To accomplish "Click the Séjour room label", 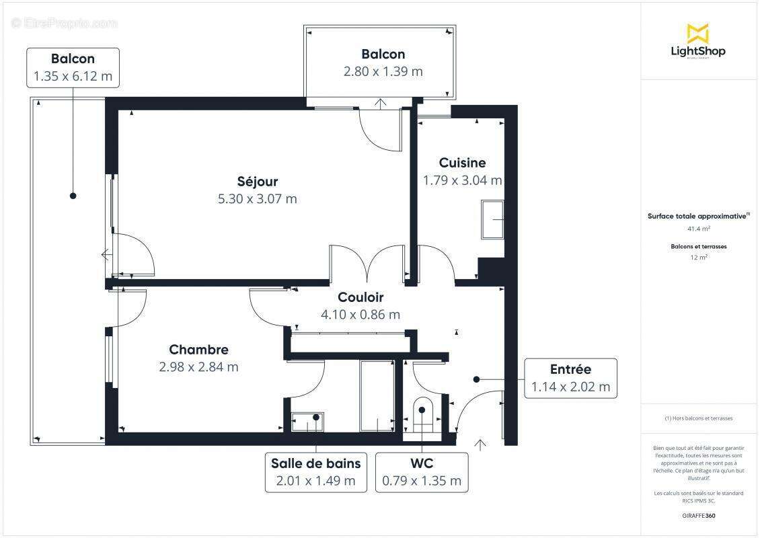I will pyautogui.click(x=257, y=182).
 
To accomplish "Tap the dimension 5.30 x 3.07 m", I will pyautogui.click(x=257, y=199).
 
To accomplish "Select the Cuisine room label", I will pyautogui.click(x=462, y=163).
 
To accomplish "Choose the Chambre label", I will pyautogui.click(x=198, y=350).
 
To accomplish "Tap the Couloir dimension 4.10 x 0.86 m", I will pyautogui.click(x=360, y=314).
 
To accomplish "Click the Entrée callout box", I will pyautogui.click(x=570, y=378).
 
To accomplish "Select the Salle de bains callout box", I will pyautogui.click(x=315, y=472).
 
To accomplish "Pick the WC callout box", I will pyautogui.click(x=422, y=472).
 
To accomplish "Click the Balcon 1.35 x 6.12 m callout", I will pyautogui.click(x=73, y=67).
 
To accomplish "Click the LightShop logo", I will pyautogui.click(x=697, y=42).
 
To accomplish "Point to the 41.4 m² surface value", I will pyautogui.click(x=698, y=229).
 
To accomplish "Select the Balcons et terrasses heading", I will pyautogui.click(x=698, y=247).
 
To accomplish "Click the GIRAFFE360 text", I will pyautogui.click(x=698, y=515).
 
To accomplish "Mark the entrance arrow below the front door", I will pyautogui.click(x=480, y=444).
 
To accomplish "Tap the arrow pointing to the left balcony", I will pyautogui.click(x=106, y=255).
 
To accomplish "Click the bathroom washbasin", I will pyautogui.click(x=307, y=422).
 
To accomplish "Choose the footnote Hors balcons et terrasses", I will pyautogui.click(x=698, y=418).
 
